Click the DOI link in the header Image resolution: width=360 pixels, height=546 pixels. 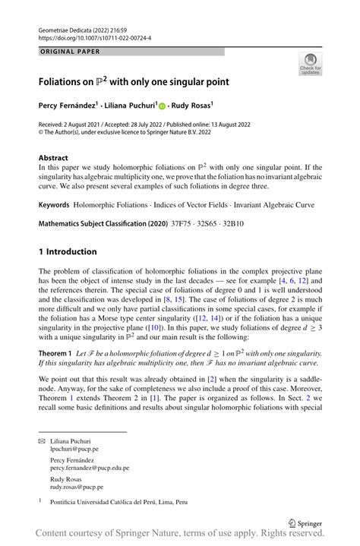[93, 36]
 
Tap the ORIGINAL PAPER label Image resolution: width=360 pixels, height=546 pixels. [71, 52]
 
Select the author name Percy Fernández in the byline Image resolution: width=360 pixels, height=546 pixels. [74, 106]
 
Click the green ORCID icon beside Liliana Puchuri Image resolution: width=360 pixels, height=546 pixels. [163, 106]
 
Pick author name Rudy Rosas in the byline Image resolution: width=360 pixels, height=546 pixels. [190, 106]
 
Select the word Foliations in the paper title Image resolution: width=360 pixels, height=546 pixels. [65, 80]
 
